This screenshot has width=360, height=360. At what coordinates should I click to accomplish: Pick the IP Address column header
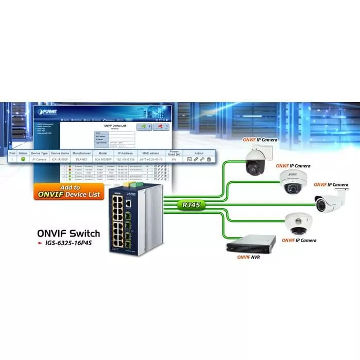(126, 153)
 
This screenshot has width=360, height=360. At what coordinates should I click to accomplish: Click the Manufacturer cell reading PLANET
(81, 160)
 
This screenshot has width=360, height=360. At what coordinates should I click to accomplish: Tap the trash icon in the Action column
(209, 160)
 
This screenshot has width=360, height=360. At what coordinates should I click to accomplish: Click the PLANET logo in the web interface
(48, 111)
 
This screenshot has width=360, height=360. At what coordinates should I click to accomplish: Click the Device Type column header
(39, 153)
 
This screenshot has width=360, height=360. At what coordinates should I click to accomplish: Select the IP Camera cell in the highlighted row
(39, 160)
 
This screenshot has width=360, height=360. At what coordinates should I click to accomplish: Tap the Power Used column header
(175, 153)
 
